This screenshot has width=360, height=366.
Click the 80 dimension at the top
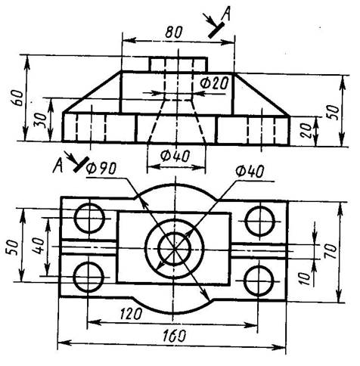pos(174,32)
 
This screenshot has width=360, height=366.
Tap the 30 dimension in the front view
pos(42,120)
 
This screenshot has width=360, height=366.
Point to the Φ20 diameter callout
pos(214,82)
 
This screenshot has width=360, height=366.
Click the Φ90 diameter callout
pos(101,168)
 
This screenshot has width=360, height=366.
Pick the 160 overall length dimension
pos(174,335)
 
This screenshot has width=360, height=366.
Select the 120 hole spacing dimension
pos(131,314)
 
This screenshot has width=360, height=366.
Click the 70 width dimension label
pos(331,252)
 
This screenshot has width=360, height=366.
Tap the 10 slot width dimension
pos(305,278)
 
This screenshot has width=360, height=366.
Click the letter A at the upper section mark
pos(226,14)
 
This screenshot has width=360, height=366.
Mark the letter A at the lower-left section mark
pos(58,166)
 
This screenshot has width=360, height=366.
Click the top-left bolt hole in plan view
pos(89,219)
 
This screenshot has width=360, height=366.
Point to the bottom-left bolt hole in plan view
pos(88,277)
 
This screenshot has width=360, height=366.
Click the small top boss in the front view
pos(178,64)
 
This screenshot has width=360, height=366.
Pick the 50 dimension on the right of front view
pos(334,112)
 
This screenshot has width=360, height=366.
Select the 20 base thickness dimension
pos(306,130)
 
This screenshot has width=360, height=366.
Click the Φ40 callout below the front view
pos(175,157)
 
